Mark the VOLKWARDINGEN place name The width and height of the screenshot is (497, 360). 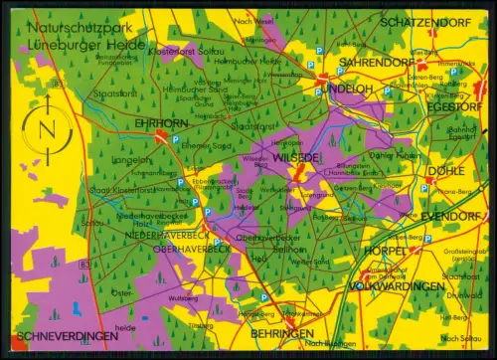point(398,286)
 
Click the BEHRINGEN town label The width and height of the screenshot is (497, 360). point(280,333)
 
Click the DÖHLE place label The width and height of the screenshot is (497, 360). point(438,169)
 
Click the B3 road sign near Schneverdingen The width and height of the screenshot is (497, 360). point(84,263)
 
